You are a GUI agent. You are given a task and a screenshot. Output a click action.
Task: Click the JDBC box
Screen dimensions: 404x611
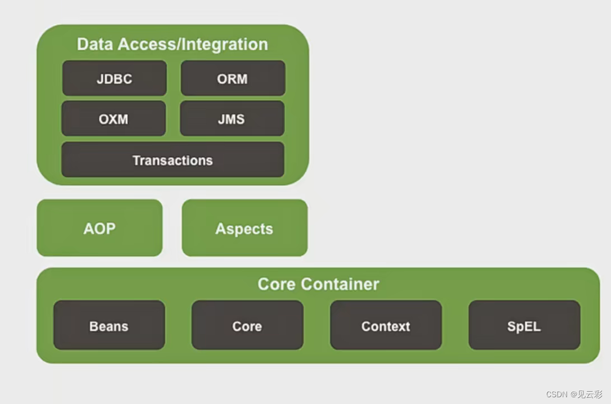pos(114,79)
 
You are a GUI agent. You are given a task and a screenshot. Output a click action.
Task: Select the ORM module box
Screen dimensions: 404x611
pos(233,79)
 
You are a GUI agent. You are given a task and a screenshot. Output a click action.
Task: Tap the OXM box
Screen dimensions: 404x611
pos(113,119)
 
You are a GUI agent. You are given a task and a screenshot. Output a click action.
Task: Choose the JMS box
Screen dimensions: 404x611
pos(232,119)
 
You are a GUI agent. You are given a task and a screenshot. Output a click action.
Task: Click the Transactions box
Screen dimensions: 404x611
pos(172,160)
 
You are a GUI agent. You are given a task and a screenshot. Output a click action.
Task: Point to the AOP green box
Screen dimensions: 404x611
pos(100,228)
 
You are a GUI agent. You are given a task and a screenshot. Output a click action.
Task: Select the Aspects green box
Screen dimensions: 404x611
pos(244,228)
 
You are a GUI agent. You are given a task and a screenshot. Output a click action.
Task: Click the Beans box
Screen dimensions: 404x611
pos(109,326)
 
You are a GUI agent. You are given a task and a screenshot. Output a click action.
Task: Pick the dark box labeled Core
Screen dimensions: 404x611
pos(247,326)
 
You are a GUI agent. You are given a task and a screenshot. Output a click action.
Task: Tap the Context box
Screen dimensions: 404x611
pos(386,326)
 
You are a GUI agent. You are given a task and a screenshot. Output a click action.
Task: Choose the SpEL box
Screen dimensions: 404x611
pos(524,326)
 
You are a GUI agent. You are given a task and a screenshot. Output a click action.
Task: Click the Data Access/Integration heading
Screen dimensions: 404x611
pos(172,45)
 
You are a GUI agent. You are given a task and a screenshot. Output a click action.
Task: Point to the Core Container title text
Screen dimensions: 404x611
pos(318,284)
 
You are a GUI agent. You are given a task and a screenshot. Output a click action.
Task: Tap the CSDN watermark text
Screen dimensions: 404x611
pos(556,394)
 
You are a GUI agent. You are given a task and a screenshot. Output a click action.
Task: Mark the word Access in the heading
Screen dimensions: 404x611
pos(140,45)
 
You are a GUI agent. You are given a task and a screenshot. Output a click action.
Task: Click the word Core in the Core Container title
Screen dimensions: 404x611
pos(277,284)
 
